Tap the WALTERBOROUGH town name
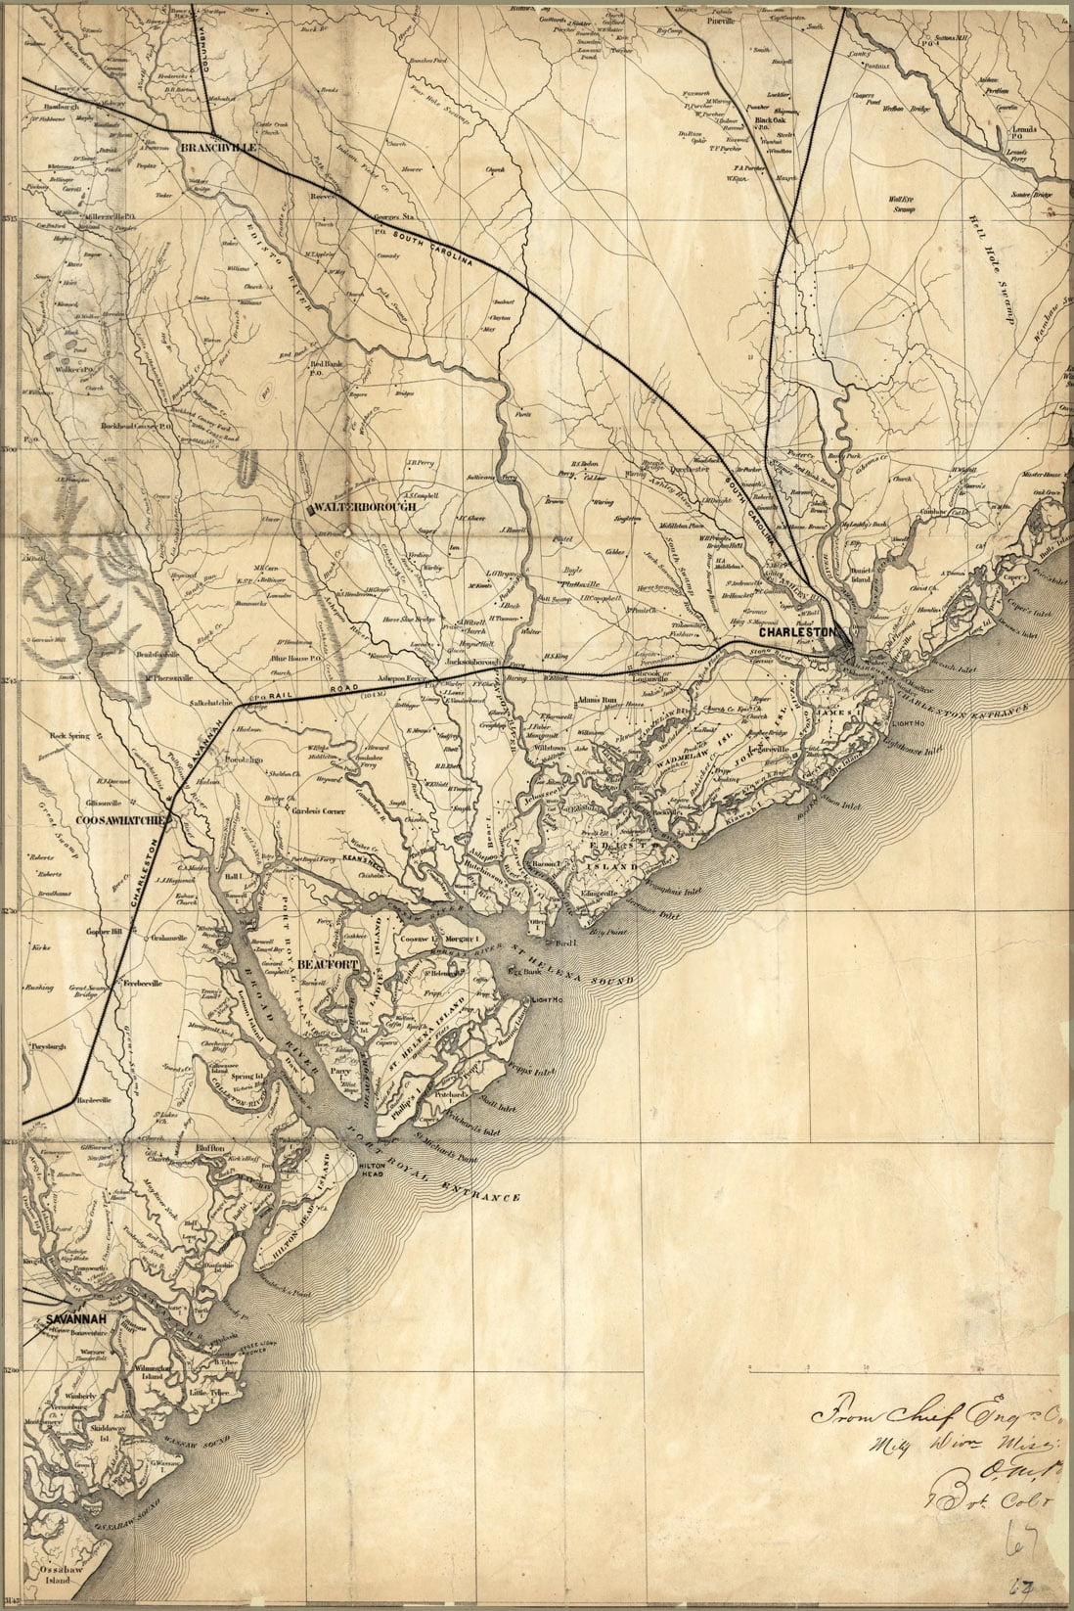coord(366,508)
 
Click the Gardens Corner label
coord(306,811)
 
